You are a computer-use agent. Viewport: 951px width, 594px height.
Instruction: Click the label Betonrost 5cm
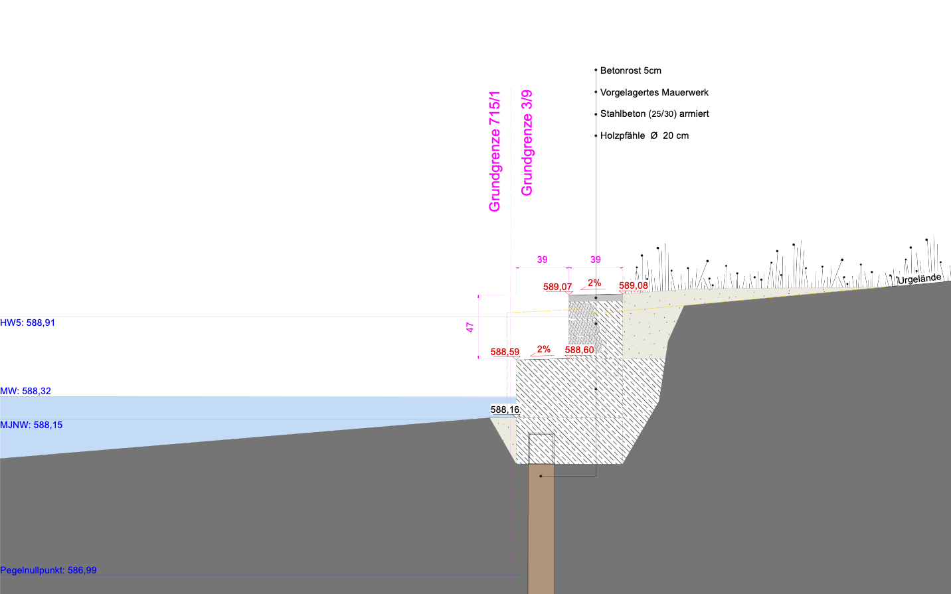[630, 70]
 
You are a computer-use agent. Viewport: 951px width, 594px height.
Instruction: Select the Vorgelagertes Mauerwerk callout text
[654, 92]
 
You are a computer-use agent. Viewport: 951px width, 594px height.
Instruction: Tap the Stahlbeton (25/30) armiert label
[654, 113]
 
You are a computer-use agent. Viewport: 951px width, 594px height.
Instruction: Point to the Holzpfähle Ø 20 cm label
[644, 136]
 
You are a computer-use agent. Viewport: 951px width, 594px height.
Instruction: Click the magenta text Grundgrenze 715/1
[495, 151]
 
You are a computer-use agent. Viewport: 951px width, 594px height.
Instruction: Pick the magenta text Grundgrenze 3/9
[527, 143]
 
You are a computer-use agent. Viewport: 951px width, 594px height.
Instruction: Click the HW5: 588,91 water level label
[28, 323]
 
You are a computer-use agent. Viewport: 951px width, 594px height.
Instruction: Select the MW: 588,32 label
[25, 391]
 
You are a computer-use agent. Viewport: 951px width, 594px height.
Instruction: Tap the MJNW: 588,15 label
[31, 425]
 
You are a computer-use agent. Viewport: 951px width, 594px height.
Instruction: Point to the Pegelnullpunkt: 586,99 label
[48, 570]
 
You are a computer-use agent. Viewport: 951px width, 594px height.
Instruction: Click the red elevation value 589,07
[557, 287]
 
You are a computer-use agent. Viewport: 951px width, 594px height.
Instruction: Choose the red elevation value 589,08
[634, 285]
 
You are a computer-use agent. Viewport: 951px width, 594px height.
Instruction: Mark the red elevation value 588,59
[505, 352]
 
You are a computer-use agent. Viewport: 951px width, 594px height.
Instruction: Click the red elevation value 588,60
[580, 350]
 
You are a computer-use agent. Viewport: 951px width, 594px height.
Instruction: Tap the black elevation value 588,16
[505, 409]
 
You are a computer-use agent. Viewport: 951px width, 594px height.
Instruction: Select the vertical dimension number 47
[470, 327]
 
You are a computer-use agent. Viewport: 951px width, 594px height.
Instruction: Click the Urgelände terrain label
[919, 279]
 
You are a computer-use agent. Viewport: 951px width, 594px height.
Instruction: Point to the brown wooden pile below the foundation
[541, 529]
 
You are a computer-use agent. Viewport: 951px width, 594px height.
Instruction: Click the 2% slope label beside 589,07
[594, 283]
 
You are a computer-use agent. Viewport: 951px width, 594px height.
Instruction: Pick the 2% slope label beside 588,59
[543, 349]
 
